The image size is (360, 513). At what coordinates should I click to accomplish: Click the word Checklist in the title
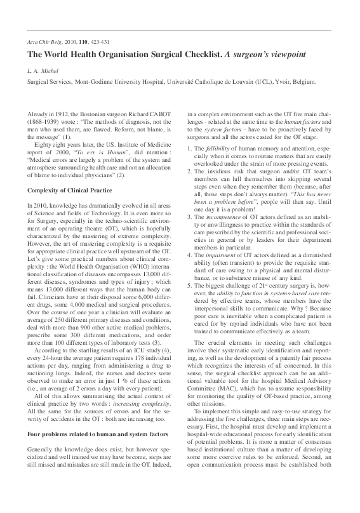(190, 55)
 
